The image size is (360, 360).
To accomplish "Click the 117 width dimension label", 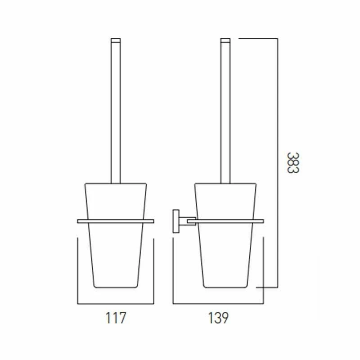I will tap(116, 318).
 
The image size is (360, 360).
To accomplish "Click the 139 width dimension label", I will tap(219, 318).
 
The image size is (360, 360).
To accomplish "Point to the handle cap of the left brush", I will tap(116, 40).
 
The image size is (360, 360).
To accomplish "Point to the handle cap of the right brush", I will tap(225, 40).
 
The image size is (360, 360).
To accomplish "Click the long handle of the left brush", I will tap(116, 112).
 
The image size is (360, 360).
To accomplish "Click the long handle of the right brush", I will tap(225, 112).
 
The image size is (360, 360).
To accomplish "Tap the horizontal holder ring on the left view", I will tap(116, 221).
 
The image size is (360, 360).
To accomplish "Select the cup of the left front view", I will tap(116, 252).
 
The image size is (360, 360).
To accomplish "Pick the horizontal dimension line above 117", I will tap(116, 303).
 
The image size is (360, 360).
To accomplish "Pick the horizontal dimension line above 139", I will tap(218, 303).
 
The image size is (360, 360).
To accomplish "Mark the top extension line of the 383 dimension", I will tap(257, 39).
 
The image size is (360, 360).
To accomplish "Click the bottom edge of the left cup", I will tap(116, 287).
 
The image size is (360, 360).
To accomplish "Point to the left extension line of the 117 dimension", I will tap(78, 270).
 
